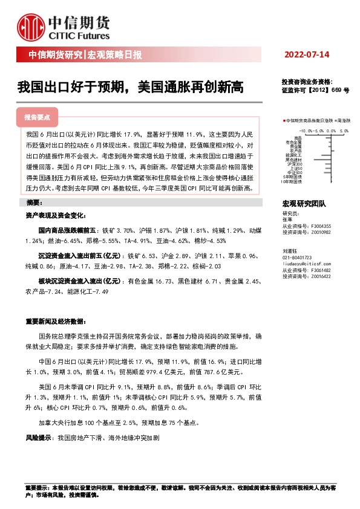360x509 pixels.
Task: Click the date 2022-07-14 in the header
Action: [307, 55]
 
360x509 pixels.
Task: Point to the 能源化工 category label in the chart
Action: [293, 154]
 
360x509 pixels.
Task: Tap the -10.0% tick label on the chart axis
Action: [305, 130]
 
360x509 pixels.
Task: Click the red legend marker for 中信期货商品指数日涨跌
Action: [284, 120]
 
